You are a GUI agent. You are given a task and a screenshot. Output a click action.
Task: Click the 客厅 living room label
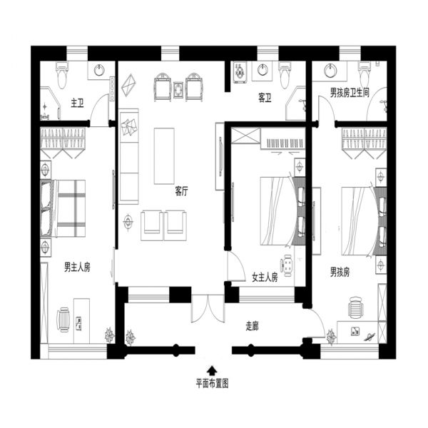point(181,191)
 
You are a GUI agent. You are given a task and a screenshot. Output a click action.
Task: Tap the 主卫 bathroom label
point(77,103)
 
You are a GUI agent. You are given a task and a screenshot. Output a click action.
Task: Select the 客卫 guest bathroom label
point(265,98)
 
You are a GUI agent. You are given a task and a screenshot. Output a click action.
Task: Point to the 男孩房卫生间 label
point(350,93)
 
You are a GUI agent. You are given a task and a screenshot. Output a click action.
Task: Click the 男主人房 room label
point(77,267)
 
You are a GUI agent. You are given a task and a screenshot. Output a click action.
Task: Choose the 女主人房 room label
point(265,277)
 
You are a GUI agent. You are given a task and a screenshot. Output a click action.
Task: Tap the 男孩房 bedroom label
point(340,272)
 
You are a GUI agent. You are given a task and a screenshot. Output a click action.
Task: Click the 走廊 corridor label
point(252,326)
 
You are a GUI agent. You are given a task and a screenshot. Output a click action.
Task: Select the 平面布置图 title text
point(212,384)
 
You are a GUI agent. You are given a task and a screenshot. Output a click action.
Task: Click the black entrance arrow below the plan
point(212,371)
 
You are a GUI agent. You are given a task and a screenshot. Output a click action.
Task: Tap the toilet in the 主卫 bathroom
point(62,75)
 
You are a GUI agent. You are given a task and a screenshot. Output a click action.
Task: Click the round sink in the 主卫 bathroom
point(99,70)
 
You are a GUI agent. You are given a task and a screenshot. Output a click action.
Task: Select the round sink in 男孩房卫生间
point(330,71)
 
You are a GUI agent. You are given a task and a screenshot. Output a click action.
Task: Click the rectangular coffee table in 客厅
point(164,156)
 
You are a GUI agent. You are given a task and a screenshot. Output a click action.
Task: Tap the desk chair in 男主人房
point(63,320)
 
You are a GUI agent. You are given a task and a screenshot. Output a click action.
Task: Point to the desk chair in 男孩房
point(357,307)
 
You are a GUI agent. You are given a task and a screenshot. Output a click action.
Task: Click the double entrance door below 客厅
point(208,308)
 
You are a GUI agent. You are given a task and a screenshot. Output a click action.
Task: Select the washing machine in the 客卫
point(240,72)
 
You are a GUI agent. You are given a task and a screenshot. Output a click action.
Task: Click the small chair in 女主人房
point(287,265)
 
